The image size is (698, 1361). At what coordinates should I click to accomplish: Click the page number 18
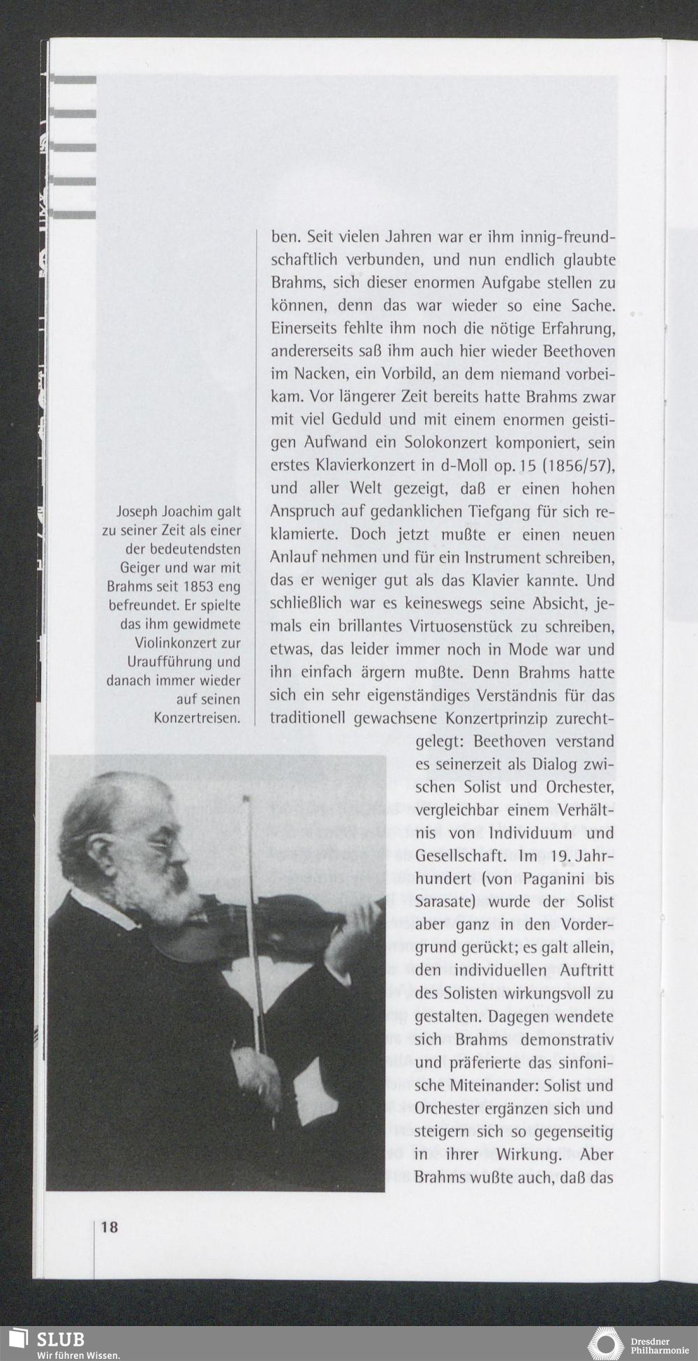tap(110, 1227)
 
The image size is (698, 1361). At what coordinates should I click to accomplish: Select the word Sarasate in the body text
tap(443, 902)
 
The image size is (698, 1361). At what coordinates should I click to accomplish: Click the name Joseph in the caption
tap(137, 511)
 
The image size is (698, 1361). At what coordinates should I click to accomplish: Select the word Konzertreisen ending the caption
tap(197, 718)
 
